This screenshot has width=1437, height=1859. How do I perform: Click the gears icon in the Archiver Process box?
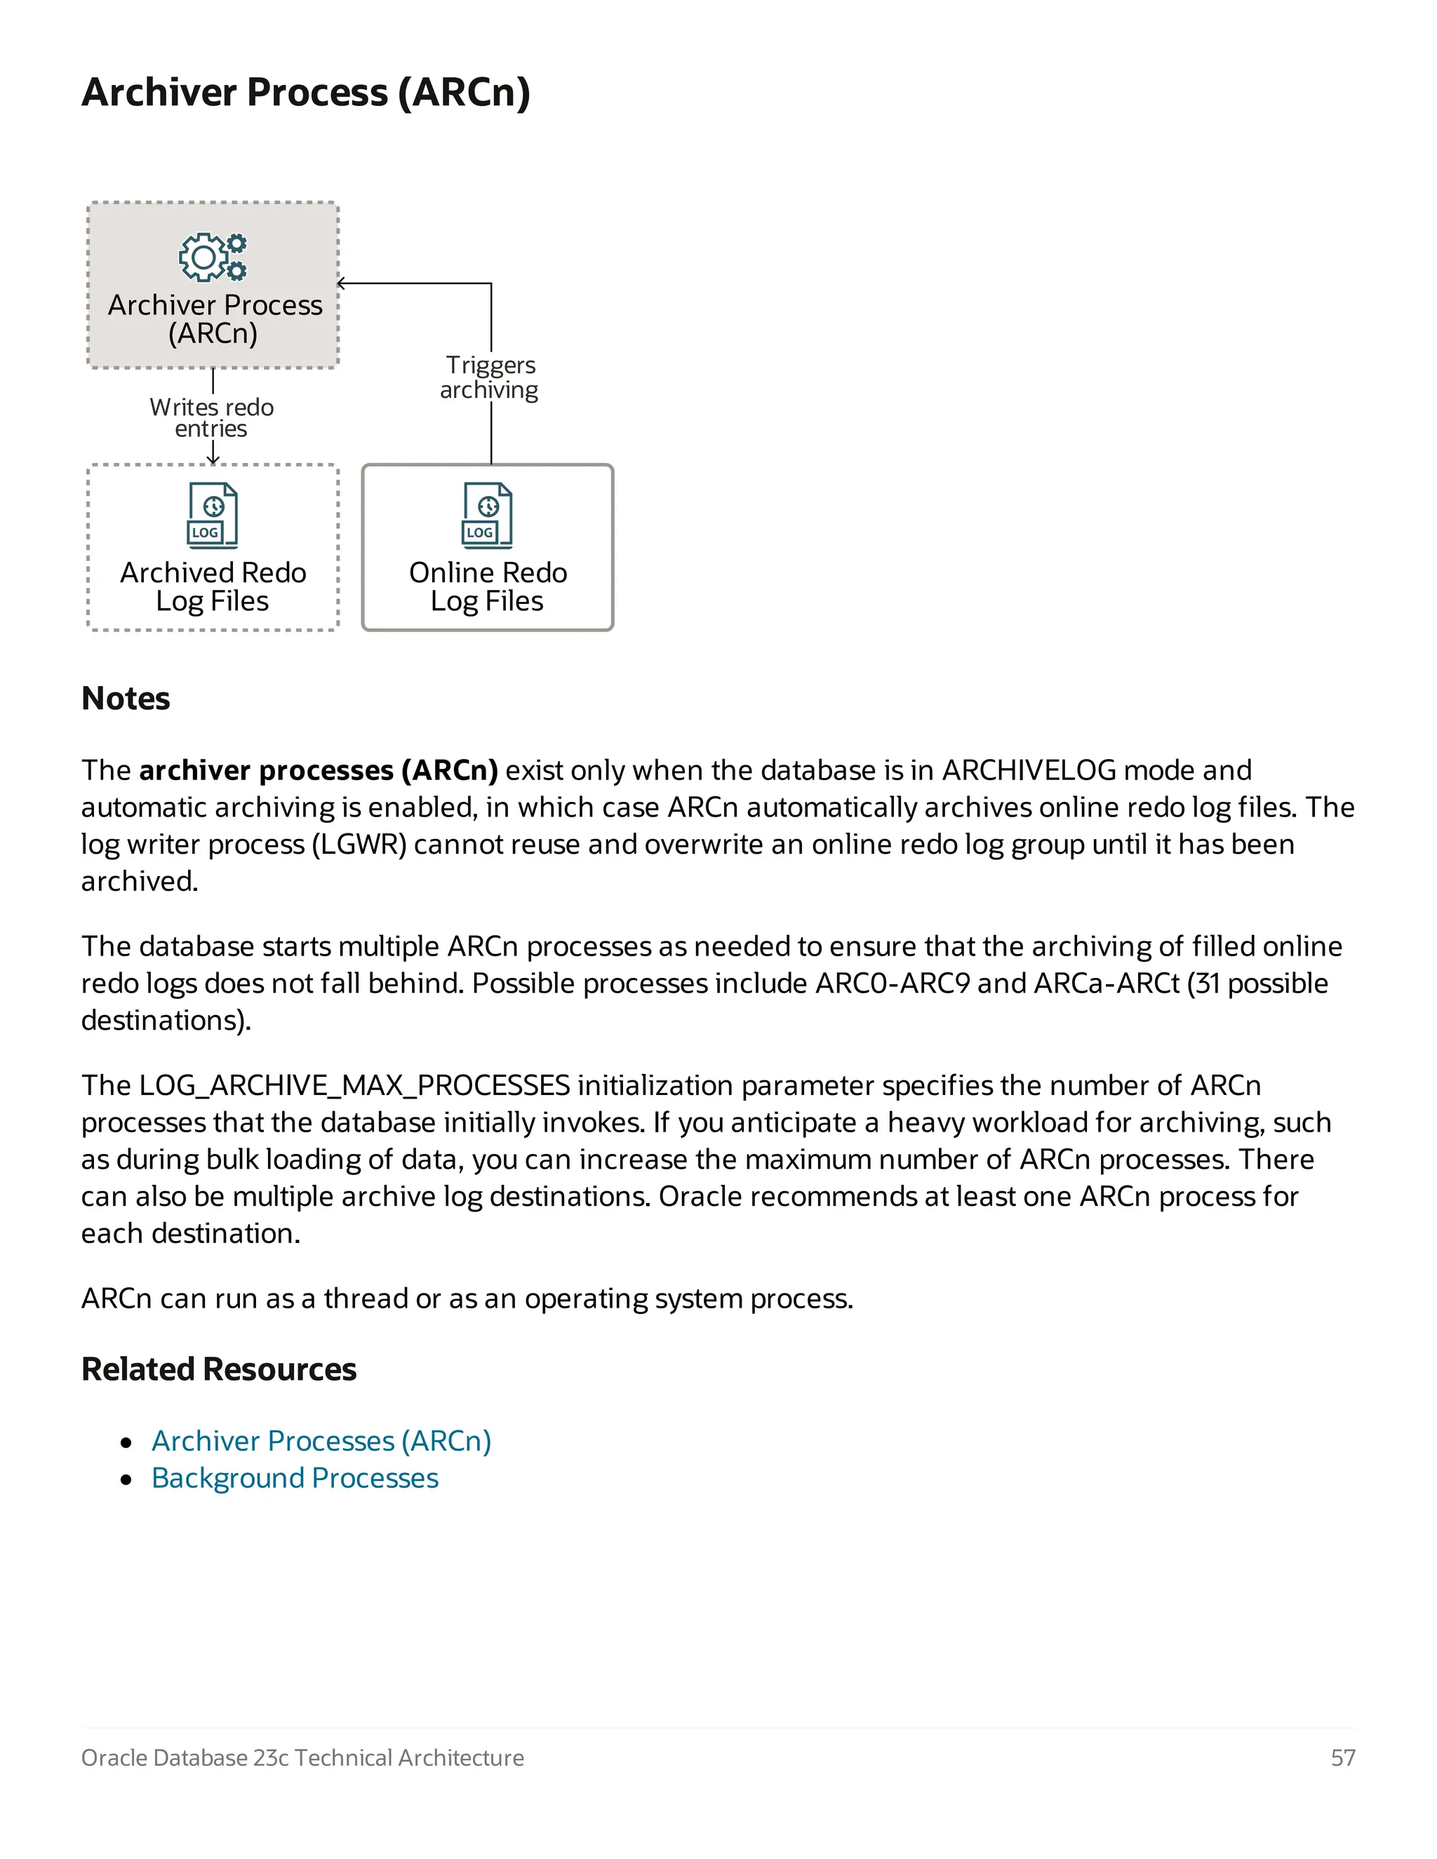tap(213, 257)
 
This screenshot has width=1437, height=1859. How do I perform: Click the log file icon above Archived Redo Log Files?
tap(212, 515)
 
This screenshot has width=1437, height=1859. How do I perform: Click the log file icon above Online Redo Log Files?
tap(487, 515)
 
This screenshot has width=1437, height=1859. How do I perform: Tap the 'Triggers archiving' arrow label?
tap(490, 377)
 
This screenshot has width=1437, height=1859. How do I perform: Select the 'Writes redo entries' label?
tap(211, 417)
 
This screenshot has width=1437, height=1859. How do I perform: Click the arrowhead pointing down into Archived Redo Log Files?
tap(213, 459)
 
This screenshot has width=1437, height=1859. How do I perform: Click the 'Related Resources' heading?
tap(219, 1369)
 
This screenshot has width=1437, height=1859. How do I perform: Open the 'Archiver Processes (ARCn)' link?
tap(321, 1440)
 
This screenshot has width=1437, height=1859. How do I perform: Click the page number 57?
tap(1342, 1758)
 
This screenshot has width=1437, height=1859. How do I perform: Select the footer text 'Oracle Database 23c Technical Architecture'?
tap(302, 1758)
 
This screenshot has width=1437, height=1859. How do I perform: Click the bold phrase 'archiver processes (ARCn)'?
tap(319, 770)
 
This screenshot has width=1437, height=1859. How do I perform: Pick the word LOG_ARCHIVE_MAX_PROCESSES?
tap(354, 1085)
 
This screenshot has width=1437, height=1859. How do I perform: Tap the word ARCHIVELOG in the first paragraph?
tap(1029, 770)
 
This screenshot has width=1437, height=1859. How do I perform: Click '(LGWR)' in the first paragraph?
tap(359, 845)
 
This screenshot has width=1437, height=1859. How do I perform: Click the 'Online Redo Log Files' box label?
tap(487, 586)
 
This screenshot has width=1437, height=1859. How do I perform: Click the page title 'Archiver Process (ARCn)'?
tap(306, 92)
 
